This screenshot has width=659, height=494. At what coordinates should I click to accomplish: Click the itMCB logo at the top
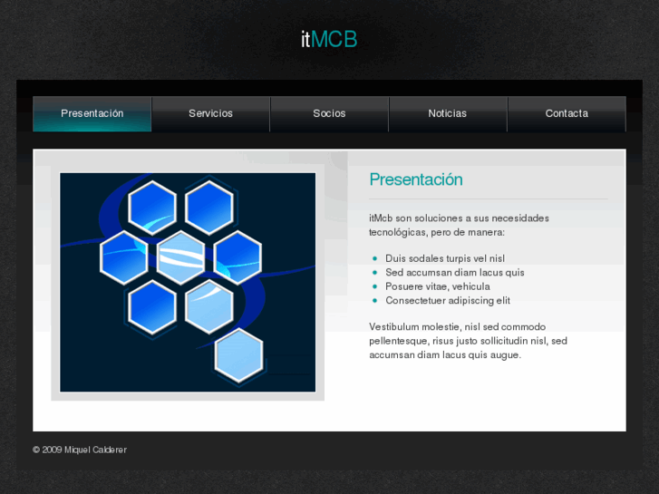tap(329, 40)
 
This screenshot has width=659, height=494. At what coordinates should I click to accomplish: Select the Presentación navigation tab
tap(92, 113)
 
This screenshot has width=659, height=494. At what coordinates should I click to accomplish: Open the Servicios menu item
tap(210, 113)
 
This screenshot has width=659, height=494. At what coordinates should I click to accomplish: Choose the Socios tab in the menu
tap(329, 113)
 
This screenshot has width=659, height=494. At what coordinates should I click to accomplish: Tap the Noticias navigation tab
tap(448, 113)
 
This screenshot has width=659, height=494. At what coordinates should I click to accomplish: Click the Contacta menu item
tap(567, 113)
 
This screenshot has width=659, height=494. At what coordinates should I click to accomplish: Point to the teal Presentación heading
tap(416, 179)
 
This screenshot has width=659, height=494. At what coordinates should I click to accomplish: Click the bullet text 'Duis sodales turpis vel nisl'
tap(445, 258)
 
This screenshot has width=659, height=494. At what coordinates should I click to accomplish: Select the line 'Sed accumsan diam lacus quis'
tap(455, 272)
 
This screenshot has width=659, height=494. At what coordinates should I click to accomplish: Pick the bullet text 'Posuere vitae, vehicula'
tap(438, 286)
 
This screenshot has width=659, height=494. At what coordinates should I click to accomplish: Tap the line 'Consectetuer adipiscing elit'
tap(448, 300)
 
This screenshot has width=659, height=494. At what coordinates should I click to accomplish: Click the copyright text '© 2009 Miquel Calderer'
tap(80, 450)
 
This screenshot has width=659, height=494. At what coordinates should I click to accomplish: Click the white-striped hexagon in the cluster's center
tap(180, 257)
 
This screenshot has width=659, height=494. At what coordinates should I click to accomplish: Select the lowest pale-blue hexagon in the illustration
tap(239, 355)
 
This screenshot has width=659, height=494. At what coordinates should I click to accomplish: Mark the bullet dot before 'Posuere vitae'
tap(374, 286)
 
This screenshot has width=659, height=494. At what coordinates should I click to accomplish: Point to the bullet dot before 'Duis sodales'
tap(374, 258)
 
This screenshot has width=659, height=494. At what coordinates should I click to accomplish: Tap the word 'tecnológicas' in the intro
tap(398, 232)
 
